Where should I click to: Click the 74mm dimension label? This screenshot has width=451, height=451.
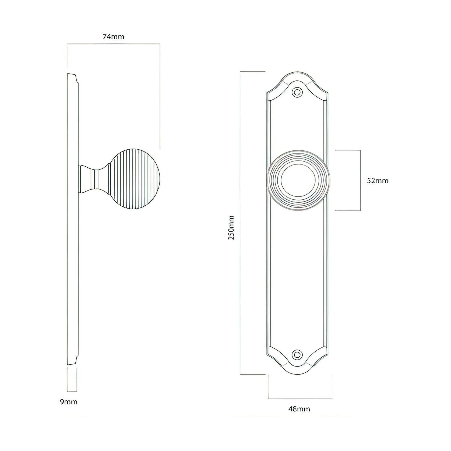click(x=113, y=37)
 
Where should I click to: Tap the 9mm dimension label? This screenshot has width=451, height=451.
click(x=69, y=402)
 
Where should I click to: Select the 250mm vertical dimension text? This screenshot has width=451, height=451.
click(x=231, y=227)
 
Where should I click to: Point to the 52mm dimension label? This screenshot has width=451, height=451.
click(x=378, y=181)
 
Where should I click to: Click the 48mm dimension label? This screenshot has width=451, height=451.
click(x=299, y=409)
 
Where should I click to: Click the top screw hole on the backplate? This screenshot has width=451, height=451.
click(x=297, y=92)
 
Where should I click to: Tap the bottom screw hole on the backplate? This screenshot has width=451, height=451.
click(x=297, y=354)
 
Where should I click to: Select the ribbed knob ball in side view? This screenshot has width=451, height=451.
click(x=136, y=179)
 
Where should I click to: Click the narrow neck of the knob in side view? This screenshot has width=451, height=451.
click(x=95, y=179)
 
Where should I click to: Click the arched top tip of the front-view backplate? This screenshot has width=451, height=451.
click(x=297, y=73)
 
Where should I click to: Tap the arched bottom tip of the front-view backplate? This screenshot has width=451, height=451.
click(x=297, y=374)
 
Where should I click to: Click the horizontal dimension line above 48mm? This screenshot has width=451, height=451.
click(x=300, y=399)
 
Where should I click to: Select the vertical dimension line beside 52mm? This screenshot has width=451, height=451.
click(x=360, y=180)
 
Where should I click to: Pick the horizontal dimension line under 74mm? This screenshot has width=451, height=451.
click(x=113, y=44)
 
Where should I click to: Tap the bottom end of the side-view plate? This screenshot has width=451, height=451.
click(x=72, y=364)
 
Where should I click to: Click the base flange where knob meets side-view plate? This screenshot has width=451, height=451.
click(x=80, y=179)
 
